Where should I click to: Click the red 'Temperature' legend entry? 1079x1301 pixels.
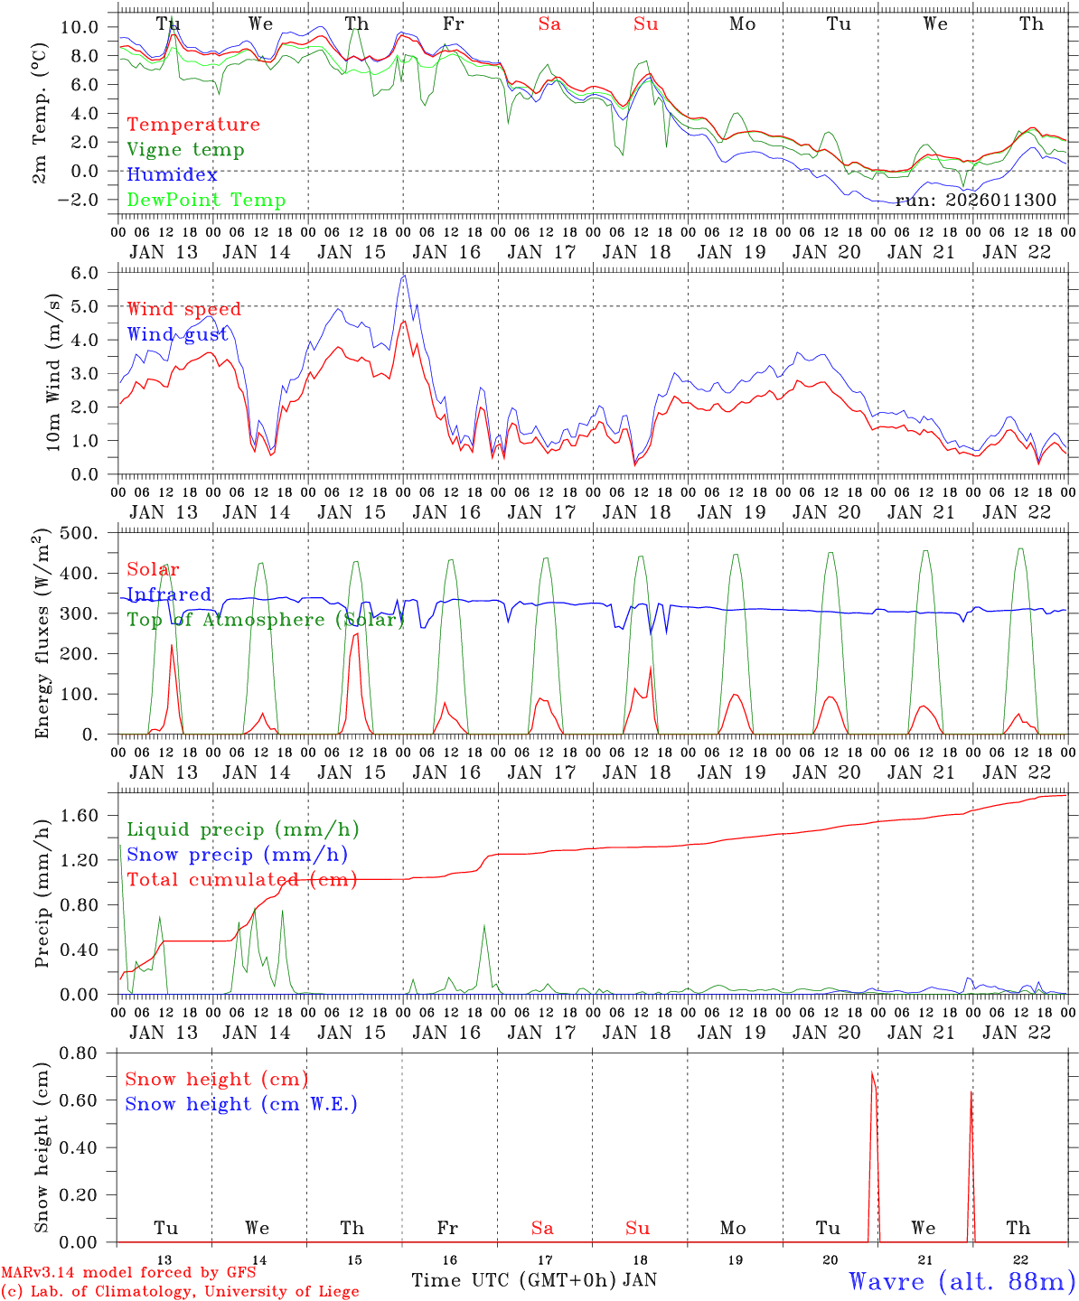tap(192, 125)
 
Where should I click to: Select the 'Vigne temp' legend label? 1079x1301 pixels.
tap(185, 150)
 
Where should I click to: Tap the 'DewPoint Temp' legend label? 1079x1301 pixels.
tap(206, 200)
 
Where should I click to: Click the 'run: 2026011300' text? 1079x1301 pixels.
tap(975, 200)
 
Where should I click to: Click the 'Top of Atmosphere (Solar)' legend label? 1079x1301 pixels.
tap(266, 620)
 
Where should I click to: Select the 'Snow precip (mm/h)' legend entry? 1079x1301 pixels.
tap(237, 855)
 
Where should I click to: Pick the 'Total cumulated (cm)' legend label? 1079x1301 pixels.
tap(241, 879)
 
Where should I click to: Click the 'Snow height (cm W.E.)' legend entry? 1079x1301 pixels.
tap(241, 1104)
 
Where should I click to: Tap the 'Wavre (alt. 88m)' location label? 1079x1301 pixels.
tap(962, 1280)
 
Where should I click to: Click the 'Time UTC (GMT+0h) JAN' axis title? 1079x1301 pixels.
tap(533, 1280)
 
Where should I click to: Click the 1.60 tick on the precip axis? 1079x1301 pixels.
tap(85, 816)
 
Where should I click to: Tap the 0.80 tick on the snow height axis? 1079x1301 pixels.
tap(84, 1053)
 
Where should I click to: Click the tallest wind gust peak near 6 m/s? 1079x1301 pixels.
tap(404, 276)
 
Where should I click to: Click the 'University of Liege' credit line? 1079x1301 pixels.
tap(180, 1292)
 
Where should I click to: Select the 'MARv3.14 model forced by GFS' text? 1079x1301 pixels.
tap(127, 1273)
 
